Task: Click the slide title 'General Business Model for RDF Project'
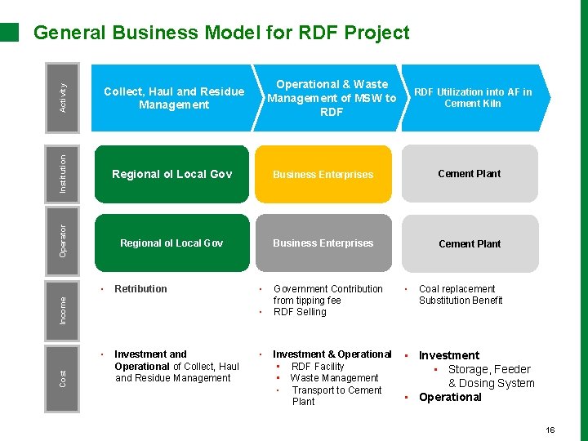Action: point(220,33)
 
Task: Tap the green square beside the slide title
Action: point(9,32)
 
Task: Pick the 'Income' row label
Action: point(65,309)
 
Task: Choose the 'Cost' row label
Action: point(65,378)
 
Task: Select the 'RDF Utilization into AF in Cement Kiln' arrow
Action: point(474,98)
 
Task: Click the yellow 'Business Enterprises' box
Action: point(323,174)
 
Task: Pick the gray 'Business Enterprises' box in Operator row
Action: point(323,243)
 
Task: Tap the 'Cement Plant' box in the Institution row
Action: point(470,174)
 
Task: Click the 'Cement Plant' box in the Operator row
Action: point(470,243)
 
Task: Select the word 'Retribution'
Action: point(140,289)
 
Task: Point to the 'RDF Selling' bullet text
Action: point(300,312)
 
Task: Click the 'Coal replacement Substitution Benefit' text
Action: point(461,295)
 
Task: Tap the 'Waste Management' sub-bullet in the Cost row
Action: point(334,378)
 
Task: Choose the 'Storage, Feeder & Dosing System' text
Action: point(490,376)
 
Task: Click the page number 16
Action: point(550,430)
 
